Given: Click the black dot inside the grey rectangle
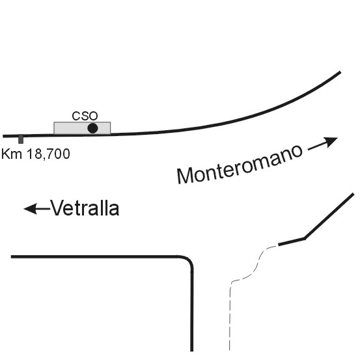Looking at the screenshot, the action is (92, 128).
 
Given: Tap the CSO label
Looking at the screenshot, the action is (85, 116).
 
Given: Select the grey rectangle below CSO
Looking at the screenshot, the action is (82, 128).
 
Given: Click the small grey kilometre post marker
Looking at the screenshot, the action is (21, 139).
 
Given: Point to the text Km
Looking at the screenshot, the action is (12, 154).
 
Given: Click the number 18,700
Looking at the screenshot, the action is (48, 154).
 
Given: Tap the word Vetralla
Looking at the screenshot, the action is (85, 208).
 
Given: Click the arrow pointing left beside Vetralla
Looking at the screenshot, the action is (37, 209).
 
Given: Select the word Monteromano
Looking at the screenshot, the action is (240, 163).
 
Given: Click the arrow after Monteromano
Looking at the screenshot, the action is (323, 143).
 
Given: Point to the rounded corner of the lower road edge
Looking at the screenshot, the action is (187, 260).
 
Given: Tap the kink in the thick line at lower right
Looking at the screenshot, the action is (305, 238).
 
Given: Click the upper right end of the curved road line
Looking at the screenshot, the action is (340, 72).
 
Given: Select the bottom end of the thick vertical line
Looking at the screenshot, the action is (191, 351).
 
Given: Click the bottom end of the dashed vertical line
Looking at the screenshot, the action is (230, 350).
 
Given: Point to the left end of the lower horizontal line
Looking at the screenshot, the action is (11, 256).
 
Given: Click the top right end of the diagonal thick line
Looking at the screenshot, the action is (353, 194).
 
